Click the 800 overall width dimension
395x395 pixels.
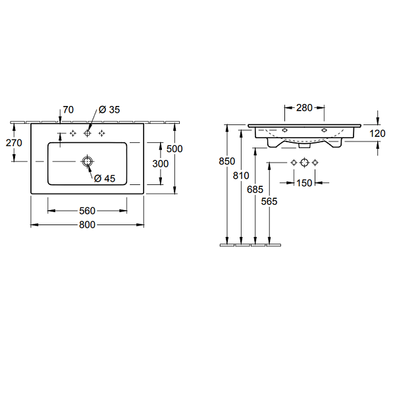point(87,224)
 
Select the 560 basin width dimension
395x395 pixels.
point(87,211)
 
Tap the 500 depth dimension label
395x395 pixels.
point(174,149)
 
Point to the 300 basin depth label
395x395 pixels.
point(160,164)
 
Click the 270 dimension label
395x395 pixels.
point(14,143)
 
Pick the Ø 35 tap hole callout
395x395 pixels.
point(109,109)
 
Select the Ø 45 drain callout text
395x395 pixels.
point(105,178)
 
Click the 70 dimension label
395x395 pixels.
point(68,109)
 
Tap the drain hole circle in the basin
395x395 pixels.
point(87,161)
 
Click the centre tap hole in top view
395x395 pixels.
point(87,133)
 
